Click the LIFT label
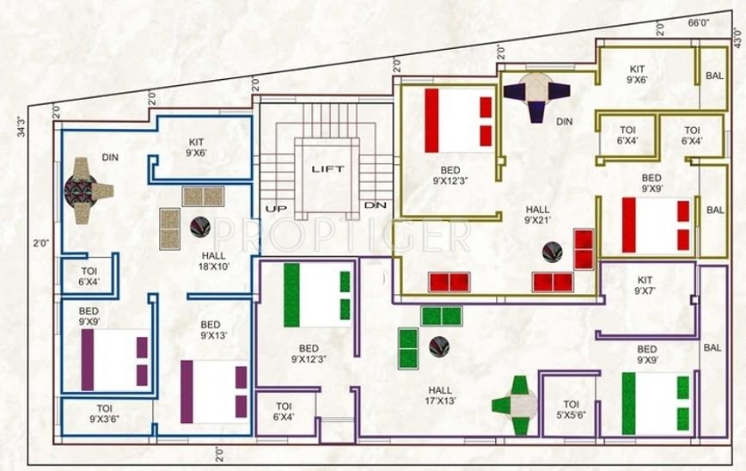tap(327, 168)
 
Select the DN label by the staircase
tap(375, 205)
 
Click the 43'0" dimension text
tap(737, 39)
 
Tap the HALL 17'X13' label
tap(439, 394)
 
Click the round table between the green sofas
tap(439, 346)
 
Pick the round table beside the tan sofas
tap(199, 227)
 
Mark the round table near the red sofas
tap(553, 252)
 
